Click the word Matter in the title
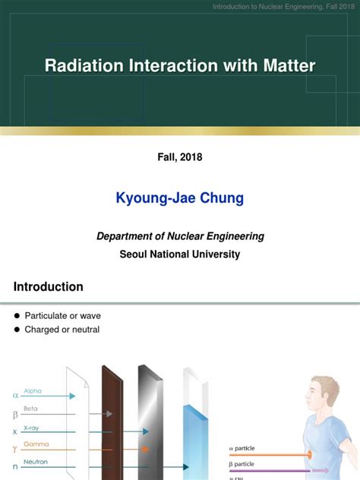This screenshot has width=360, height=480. (286, 65)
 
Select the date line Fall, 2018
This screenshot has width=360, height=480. (180, 157)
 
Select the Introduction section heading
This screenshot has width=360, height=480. (49, 287)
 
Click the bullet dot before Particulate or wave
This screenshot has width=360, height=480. (17, 316)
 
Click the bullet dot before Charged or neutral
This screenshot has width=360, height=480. (17, 330)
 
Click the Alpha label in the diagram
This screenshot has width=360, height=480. (33, 390)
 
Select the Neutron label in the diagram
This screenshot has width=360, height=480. (36, 460)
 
